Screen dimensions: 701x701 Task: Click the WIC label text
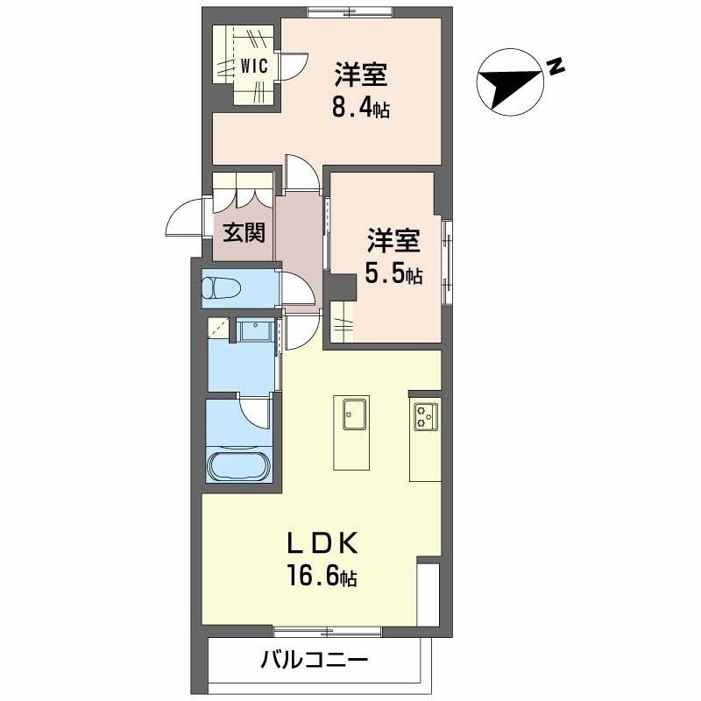pyautogui.click(x=254, y=65)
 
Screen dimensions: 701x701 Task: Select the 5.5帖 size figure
pyautogui.click(x=394, y=274)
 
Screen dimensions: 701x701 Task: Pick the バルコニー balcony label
pyautogui.click(x=313, y=660)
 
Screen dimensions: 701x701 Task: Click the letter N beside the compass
pyautogui.click(x=553, y=65)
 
